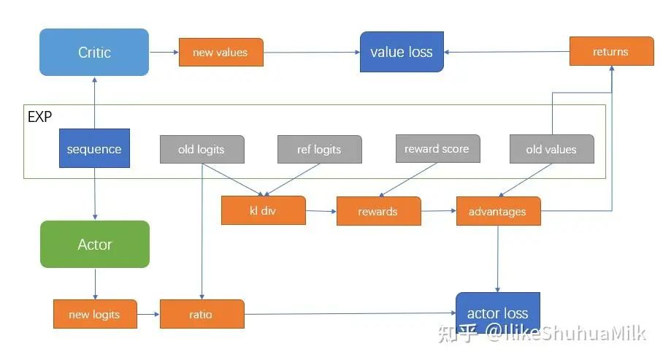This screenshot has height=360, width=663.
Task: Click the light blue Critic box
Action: click(94, 53)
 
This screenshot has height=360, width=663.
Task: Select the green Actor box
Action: click(95, 245)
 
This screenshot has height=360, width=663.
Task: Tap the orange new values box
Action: click(221, 53)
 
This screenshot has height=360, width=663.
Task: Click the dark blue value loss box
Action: click(402, 52)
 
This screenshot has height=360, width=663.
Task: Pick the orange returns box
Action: click(610, 51)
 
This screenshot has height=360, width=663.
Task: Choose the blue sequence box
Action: click(94, 149)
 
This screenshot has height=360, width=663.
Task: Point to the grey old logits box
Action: click(202, 149)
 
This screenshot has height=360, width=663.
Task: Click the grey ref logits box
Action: click(319, 149)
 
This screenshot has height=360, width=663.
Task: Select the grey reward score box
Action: click(437, 148)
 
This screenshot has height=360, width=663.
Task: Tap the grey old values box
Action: click(551, 149)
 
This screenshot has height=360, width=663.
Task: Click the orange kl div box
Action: click(263, 210)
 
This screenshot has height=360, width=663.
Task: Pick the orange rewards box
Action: click(378, 211)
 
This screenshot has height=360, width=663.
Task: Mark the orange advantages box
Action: click(498, 211)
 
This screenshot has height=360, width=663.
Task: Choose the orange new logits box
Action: click(95, 314)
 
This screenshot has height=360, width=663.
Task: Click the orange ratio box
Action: click(201, 314)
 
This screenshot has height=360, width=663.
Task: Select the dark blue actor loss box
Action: click(498, 313)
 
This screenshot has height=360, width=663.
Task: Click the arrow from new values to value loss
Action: click(311, 53)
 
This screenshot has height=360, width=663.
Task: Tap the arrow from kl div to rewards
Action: click(321, 211)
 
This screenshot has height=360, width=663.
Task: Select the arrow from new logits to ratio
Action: click(148, 314)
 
